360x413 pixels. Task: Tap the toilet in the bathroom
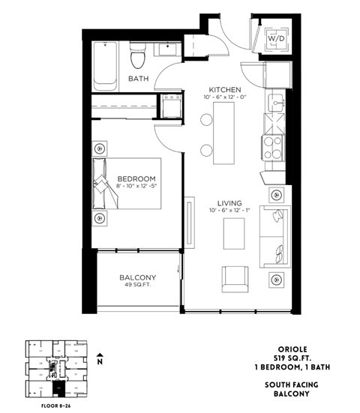(136, 55)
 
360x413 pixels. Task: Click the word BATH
(138, 79)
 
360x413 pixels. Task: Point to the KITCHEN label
(224, 88)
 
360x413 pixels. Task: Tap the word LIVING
(228, 202)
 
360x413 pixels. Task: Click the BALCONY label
(138, 277)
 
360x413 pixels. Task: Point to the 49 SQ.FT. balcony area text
(138, 286)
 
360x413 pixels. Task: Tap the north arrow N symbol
(100, 358)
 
